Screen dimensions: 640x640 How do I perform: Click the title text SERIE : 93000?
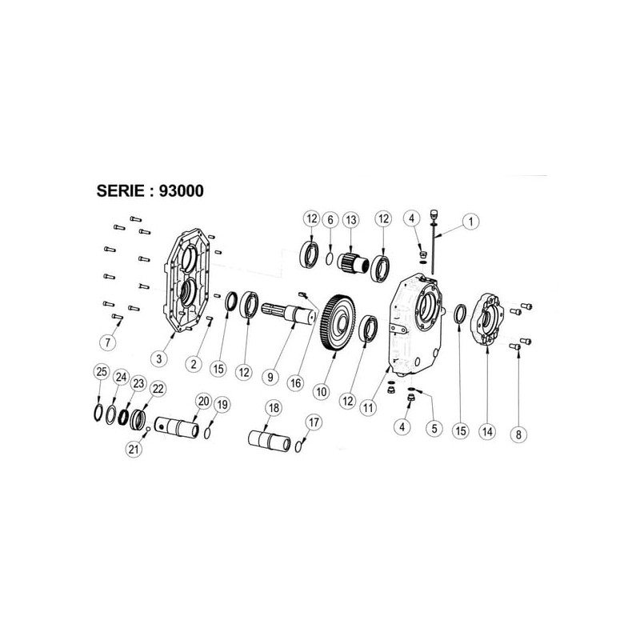click(x=150, y=190)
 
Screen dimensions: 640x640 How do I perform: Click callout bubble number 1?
click(x=470, y=222)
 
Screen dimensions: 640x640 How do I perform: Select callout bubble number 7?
click(x=108, y=342)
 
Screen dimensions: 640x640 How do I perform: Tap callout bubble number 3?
click(x=158, y=358)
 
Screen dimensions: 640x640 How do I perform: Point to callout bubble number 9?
click(x=270, y=376)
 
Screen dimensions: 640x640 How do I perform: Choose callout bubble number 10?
click(x=322, y=392)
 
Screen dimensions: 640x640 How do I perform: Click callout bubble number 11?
click(x=368, y=407)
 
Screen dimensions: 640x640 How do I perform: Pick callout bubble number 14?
click(x=487, y=431)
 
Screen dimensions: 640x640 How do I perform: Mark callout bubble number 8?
click(x=518, y=434)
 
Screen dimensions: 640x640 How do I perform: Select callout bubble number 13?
click(x=351, y=220)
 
